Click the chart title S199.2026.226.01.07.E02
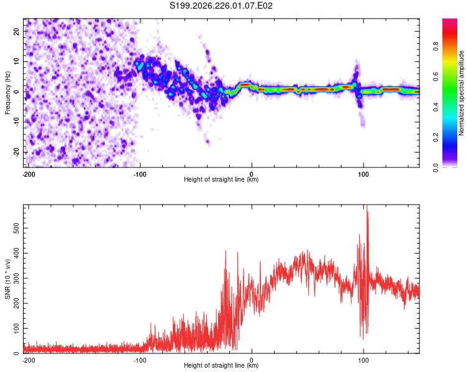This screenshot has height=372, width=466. [x=221, y=6]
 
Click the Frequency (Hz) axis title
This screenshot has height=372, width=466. [x=7, y=93]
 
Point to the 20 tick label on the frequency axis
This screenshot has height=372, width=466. [x=16, y=32]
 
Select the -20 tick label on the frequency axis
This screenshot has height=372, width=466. [x=16, y=152]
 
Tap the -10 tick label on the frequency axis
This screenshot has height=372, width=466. [x=16, y=122]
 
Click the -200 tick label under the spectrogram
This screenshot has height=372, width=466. [x=29, y=174]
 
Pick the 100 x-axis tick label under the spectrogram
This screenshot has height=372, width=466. [x=363, y=174]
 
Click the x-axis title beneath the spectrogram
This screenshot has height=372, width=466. [x=221, y=179]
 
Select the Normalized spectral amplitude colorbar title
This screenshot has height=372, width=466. [x=461, y=93]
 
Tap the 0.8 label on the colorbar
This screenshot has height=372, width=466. [x=436, y=46]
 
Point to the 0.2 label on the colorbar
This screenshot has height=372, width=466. [x=436, y=138]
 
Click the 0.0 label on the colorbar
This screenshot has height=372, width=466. [x=436, y=167]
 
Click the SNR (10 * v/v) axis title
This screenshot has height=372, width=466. [x=7, y=279]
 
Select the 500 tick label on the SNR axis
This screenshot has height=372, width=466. [x=16, y=228]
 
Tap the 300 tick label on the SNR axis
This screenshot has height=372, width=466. [x=16, y=278]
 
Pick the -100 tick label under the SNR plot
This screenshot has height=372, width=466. [x=140, y=360]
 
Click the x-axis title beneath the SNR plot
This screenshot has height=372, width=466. [x=221, y=365]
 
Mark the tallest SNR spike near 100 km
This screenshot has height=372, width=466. [x=367, y=206]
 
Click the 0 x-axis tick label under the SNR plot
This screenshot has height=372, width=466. [x=252, y=360]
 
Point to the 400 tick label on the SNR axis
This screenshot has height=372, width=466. [x=16, y=254]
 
